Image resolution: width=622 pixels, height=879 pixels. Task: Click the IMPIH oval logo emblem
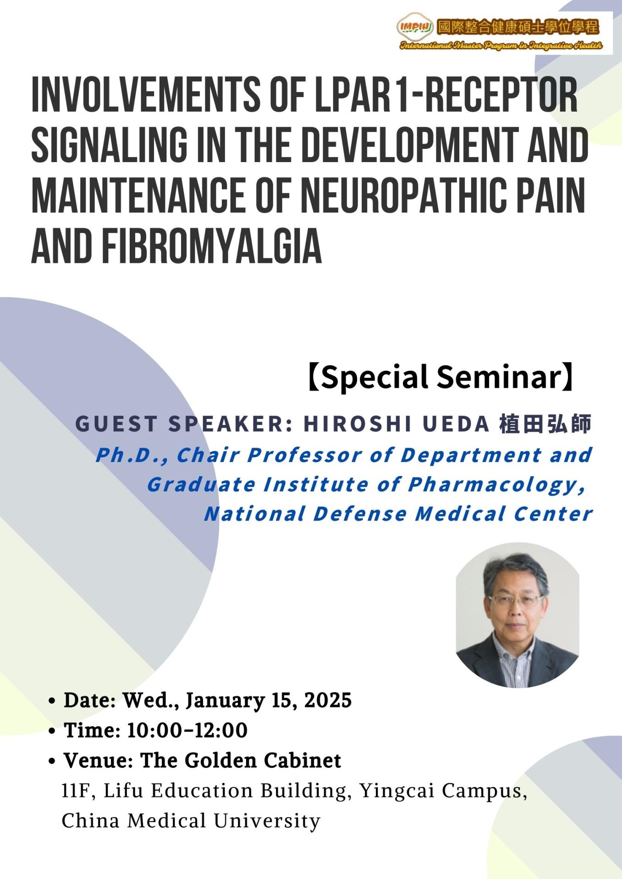[415, 27]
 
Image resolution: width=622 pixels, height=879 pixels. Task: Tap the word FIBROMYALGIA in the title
[211, 246]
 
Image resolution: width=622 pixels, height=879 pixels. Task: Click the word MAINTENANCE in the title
[138, 196]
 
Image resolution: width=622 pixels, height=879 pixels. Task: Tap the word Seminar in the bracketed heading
[499, 377]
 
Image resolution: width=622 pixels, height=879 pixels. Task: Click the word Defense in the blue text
[360, 514]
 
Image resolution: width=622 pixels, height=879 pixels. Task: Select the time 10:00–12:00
[187, 731]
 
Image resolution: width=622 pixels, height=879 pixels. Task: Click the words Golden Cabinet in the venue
[263, 761]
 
